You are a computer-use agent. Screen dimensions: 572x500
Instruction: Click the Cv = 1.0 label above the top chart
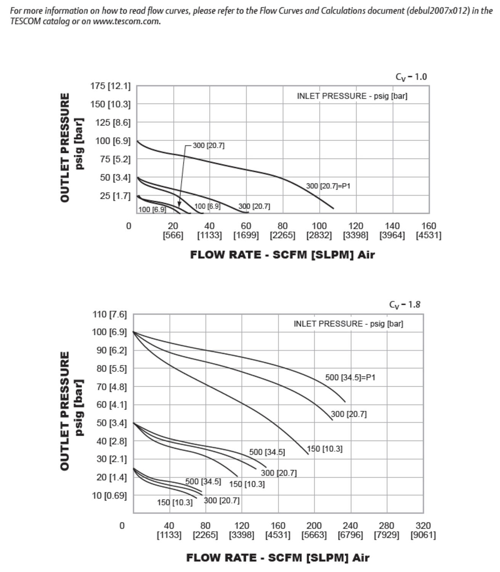(x=411, y=77)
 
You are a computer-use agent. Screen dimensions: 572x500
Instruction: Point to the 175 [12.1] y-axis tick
(x=110, y=86)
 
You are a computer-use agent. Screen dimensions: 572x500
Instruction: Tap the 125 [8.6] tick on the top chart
(x=113, y=122)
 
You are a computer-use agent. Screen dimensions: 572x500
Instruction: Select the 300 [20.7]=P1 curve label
(x=328, y=186)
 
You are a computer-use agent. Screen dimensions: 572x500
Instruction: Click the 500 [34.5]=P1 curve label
(x=350, y=378)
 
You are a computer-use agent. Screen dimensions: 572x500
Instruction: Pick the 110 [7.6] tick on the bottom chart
(x=109, y=314)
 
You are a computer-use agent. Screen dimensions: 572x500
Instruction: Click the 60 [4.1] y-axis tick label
(x=109, y=405)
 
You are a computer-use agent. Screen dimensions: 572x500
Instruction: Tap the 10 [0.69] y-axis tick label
(x=109, y=495)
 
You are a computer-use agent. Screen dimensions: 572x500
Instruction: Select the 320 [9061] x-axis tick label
(x=423, y=530)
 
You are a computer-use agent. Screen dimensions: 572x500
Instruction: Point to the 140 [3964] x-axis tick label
(x=392, y=230)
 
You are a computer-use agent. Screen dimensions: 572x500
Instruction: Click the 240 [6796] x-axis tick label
(x=350, y=530)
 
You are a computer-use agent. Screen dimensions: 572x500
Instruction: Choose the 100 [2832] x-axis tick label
(x=319, y=230)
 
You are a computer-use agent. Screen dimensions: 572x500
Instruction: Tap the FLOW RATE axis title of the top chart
(x=282, y=255)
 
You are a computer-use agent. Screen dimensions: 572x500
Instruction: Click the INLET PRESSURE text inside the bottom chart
(x=348, y=324)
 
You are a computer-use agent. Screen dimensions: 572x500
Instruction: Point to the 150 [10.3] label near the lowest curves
(x=175, y=503)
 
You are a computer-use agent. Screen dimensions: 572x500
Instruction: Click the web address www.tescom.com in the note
(x=126, y=21)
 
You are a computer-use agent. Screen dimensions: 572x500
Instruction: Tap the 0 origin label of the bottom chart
(x=122, y=526)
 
